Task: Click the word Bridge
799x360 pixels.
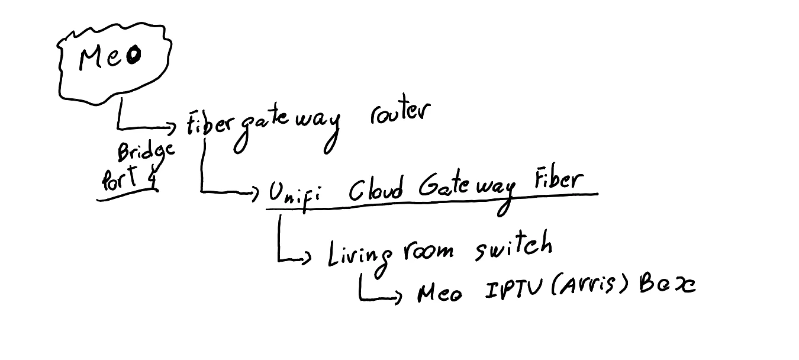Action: coord(146,153)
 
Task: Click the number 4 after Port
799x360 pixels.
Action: coord(152,179)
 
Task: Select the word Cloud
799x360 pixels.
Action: coord(376,191)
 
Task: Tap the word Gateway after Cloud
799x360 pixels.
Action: coord(466,189)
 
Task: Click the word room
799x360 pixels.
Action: coord(428,251)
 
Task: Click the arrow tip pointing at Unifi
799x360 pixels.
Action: coord(256,192)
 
